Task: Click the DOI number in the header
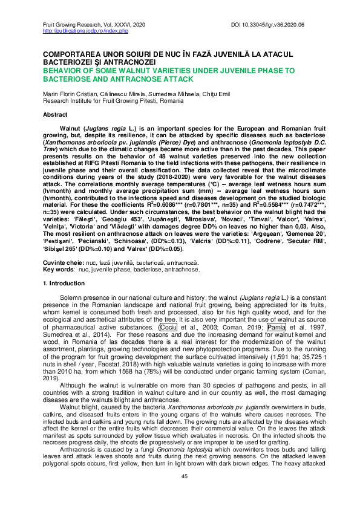point(288,24)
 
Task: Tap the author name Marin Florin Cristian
point(67,94)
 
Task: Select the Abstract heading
point(55,114)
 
